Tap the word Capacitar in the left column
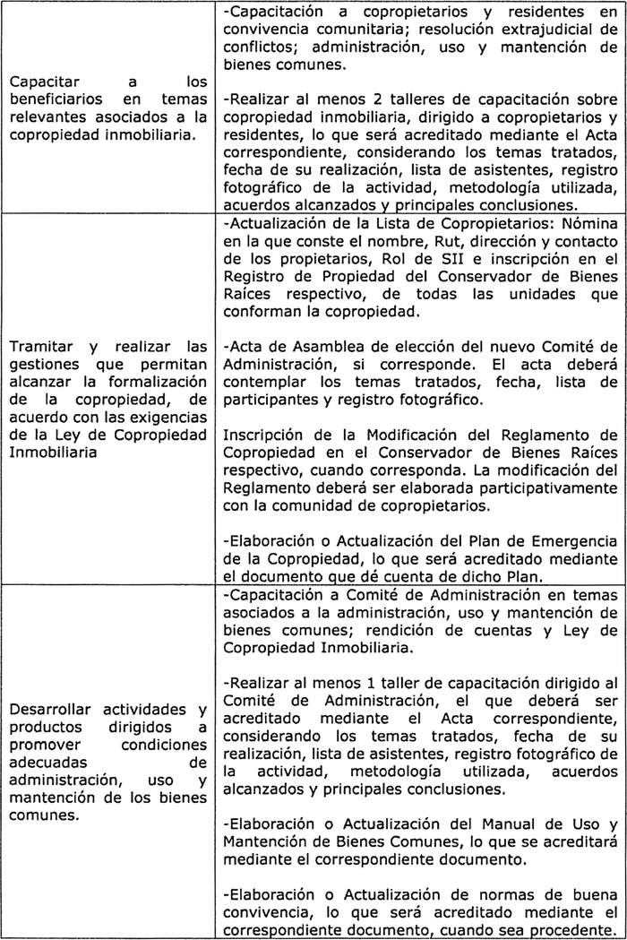coord(41,83)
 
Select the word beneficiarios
coord(55,100)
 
